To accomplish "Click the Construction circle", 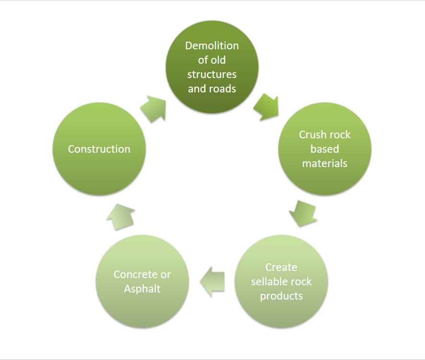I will click(x=99, y=149).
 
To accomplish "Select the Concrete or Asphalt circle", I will click(x=142, y=281).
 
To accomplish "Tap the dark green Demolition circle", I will click(x=212, y=67).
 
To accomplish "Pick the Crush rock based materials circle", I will click(x=325, y=149).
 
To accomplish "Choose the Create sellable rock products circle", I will click(x=281, y=281).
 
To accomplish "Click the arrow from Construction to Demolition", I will click(x=154, y=108).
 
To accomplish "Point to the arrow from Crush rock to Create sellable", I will click(x=304, y=214).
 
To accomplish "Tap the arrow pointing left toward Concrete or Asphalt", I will click(x=212, y=281).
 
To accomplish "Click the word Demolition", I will click(x=212, y=46).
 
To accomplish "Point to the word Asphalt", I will click(x=142, y=289).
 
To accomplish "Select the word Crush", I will click(x=310, y=135).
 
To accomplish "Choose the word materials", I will click(x=324, y=163).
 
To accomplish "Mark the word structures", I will click(x=212, y=75).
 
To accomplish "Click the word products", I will click(x=281, y=296).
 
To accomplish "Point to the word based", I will click(x=324, y=149).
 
